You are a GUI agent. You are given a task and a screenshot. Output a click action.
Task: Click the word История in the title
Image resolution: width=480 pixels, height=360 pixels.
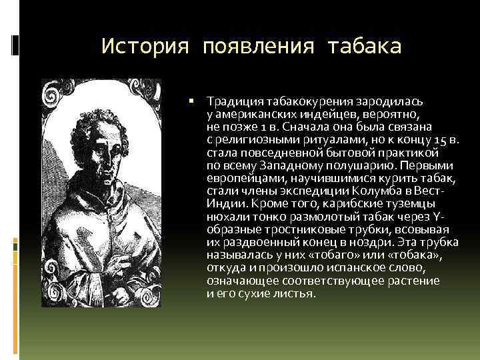pyautogui.click(x=143, y=47)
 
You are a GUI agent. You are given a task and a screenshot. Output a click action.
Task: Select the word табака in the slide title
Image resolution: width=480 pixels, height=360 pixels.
pyautogui.click(x=365, y=47)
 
